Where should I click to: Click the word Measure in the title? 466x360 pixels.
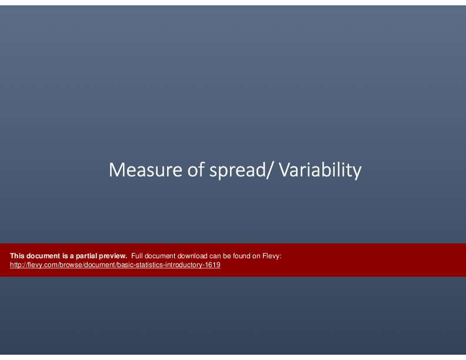(x=145, y=170)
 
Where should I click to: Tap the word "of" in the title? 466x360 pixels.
(x=196, y=169)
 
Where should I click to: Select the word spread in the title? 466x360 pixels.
(x=237, y=171)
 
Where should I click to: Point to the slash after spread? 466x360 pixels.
(x=269, y=170)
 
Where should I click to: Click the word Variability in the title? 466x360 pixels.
(x=320, y=171)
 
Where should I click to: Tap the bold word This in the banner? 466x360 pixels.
(x=17, y=256)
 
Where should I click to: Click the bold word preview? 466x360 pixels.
(x=113, y=256)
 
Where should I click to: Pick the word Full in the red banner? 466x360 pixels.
(x=137, y=256)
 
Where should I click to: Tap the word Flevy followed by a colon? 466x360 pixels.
(x=272, y=256)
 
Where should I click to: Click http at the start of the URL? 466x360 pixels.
(x=15, y=265)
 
